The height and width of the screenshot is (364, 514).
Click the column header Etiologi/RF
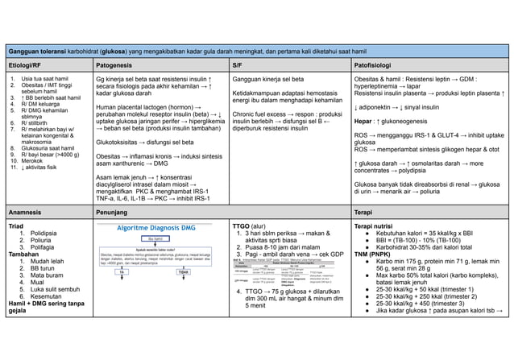coord(26,63)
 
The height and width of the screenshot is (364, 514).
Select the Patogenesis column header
coord(117,63)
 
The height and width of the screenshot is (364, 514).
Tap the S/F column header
coord(238,63)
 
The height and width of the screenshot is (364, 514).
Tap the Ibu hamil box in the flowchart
coord(160,238)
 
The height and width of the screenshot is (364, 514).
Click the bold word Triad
coord(15,226)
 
